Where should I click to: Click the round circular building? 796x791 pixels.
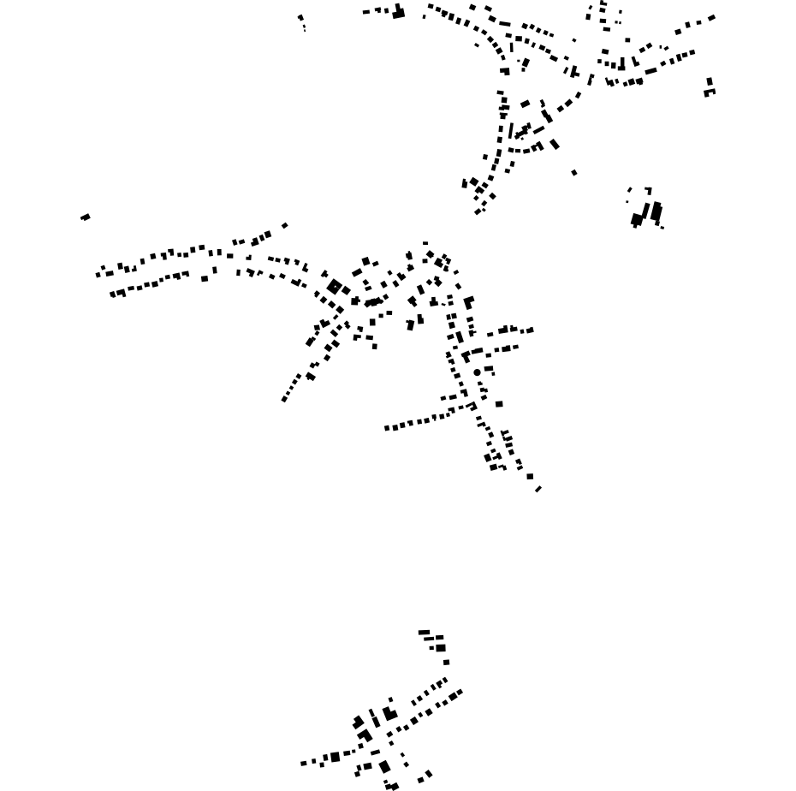[477, 372]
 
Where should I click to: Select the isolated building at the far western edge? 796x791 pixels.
[86, 217]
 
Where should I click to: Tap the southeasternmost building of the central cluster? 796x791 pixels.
[538, 489]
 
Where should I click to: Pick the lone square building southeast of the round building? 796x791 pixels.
[499, 404]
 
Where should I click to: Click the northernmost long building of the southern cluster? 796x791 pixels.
[425, 633]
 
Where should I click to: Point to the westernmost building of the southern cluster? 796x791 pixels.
[304, 764]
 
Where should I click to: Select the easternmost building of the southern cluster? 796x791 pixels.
[460, 692]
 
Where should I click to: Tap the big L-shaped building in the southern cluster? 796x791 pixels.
[389, 714]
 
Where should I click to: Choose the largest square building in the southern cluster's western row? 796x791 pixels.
[335, 757]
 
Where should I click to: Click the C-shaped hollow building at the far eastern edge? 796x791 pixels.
[710, 92]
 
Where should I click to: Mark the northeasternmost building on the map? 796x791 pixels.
[711, 17]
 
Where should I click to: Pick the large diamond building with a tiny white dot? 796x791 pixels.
[335, 287]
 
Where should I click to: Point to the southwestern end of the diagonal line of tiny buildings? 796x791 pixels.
[284, 400]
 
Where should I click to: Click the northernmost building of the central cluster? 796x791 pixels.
[425, 244]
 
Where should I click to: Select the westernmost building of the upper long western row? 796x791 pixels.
[98, 275]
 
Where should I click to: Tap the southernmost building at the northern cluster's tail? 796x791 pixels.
[478, 211]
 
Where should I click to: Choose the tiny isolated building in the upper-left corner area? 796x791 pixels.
[300, 17]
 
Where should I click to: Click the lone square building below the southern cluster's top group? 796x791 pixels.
[446, 662]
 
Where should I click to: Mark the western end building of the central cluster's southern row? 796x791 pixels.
[387, 428]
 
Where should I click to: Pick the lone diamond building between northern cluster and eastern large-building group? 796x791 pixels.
[574, 173]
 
